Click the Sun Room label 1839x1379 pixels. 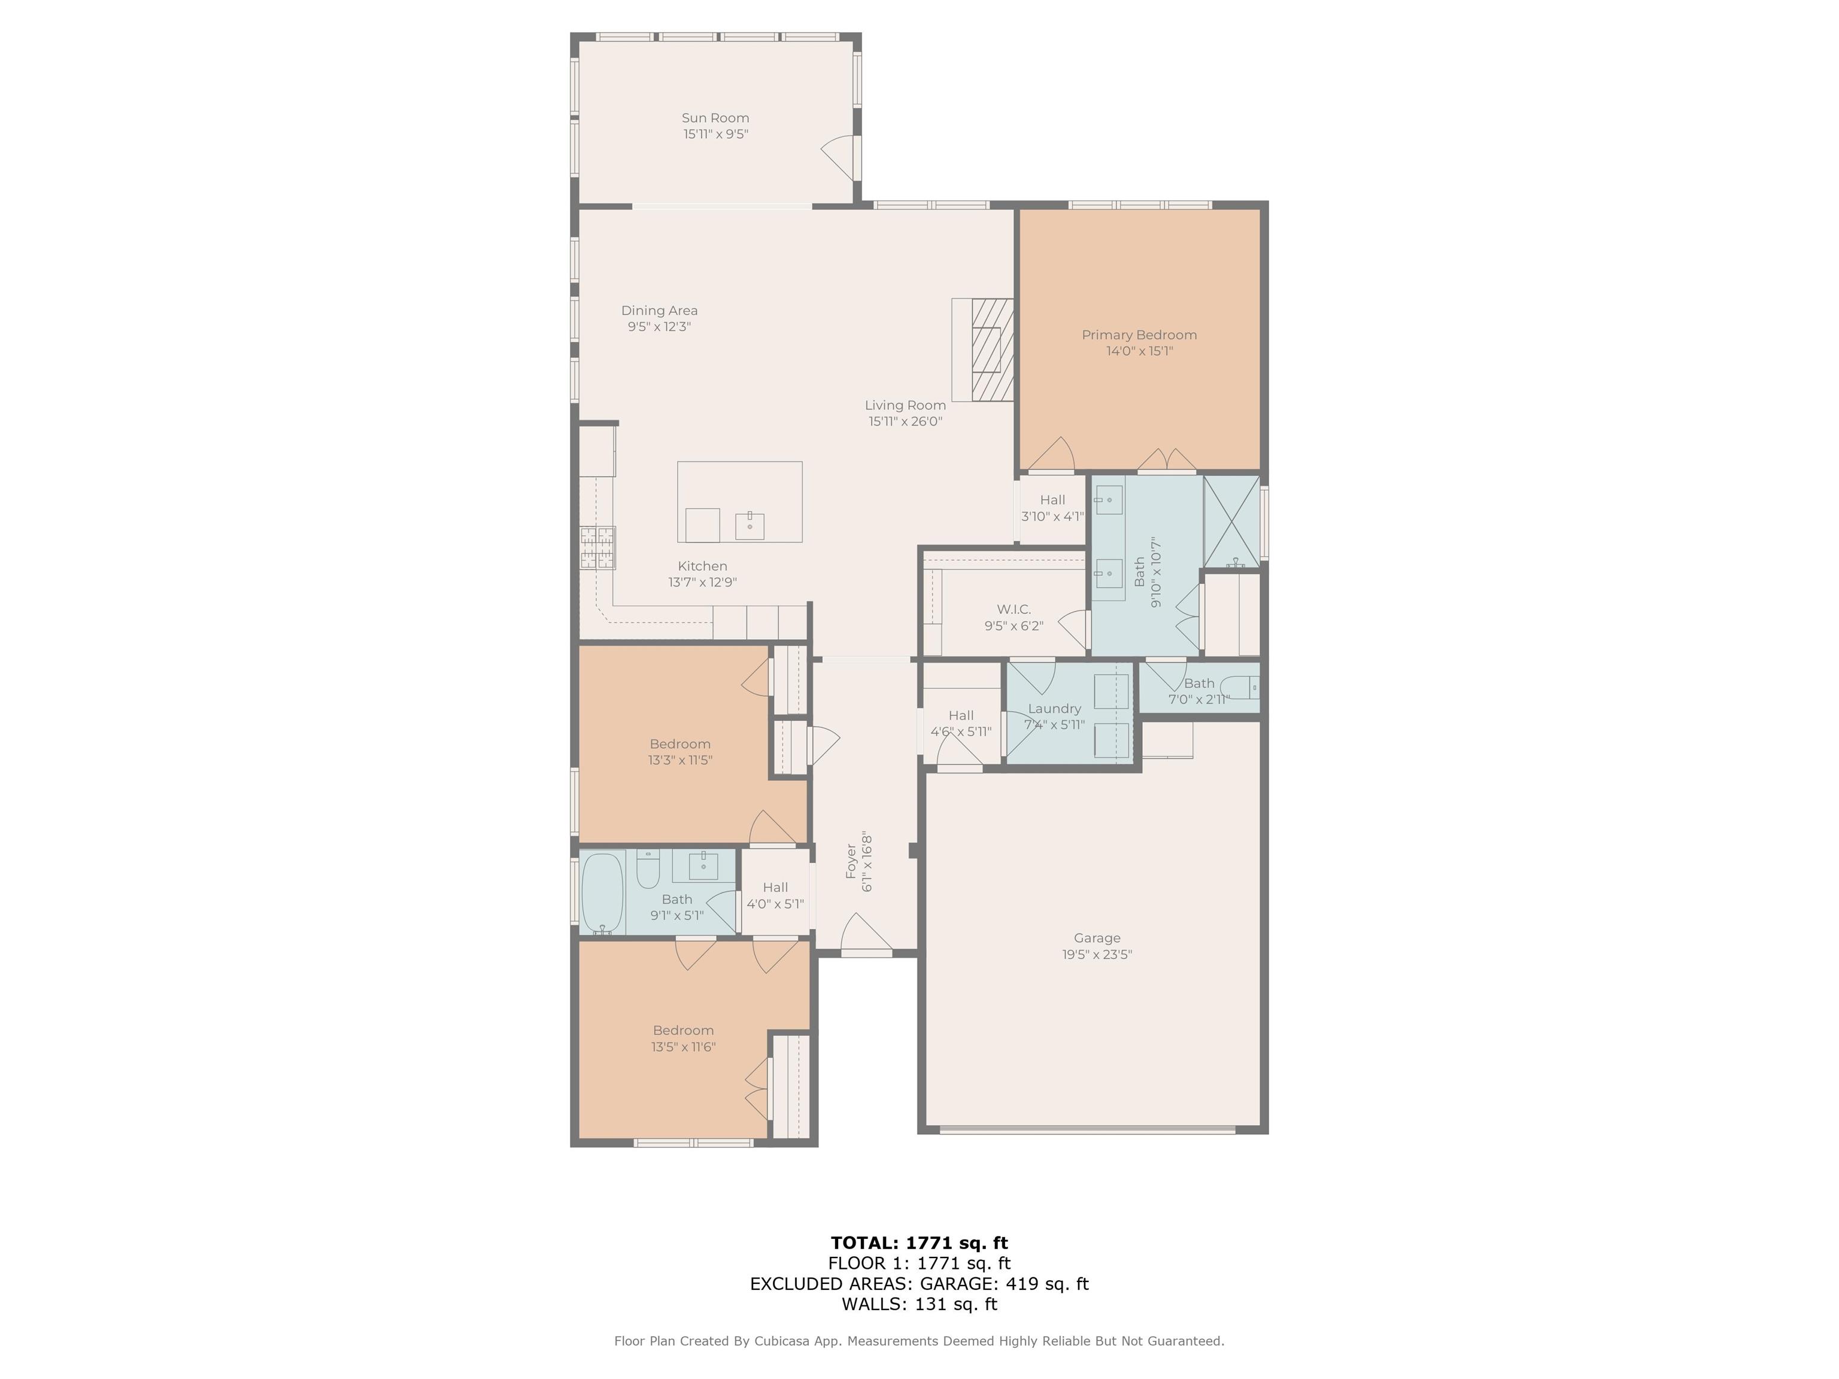[x=715, y=118]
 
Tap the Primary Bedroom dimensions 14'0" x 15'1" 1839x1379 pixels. [x=1139, y=351]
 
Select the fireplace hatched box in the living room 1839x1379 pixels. [x=993, y=349]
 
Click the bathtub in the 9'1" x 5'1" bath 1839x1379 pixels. [x=602, y=894]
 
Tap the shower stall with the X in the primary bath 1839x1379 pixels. [x=1231, y=521]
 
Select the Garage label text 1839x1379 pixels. [x=1097, y=938]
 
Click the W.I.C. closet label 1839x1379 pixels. [x=1013, y=609]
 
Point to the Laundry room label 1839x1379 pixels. [x=1054, y=708]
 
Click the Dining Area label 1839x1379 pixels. [x=659, y=310]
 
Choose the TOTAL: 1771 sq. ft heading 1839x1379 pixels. [x=919, y=1243]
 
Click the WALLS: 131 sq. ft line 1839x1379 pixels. [x=919, y=1304]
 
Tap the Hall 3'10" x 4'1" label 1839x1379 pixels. [x=1052, y=500]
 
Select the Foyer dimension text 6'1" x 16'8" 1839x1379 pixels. [x=867, y=861]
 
